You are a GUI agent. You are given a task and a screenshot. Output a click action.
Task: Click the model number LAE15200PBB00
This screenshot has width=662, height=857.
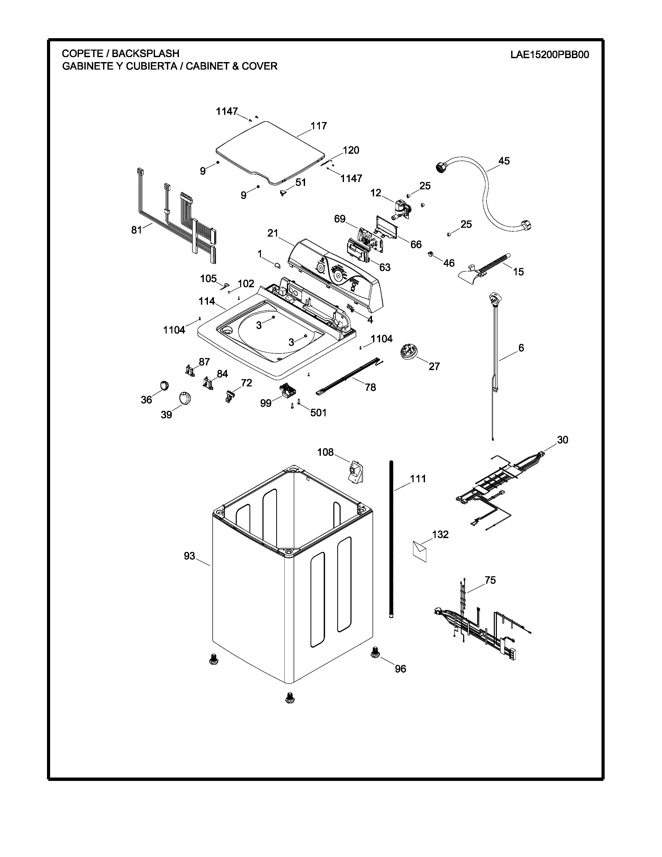pyautogui.click(x=549, y=55)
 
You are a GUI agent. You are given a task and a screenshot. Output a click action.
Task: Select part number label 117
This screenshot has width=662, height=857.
pyautogui.click(x=319, y=126)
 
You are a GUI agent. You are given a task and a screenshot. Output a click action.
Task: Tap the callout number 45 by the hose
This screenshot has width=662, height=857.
pyautogui.click(x=504, y=161)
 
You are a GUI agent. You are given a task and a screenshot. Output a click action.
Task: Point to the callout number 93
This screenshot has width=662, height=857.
pyautogui.click(x=190, y=556)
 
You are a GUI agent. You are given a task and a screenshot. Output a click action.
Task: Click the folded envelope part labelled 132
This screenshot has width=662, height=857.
pyautogui.click(x=419, y=551)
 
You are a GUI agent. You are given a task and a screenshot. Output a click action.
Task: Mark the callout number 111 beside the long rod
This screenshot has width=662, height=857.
pyautogui.click(x=418, y=479)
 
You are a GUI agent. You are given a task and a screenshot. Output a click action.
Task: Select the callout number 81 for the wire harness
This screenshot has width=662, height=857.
pyautogui.click(x=137, y=230)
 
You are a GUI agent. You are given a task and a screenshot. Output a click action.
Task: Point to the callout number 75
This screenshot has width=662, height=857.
pyautogui.click(x=490, y=580)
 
